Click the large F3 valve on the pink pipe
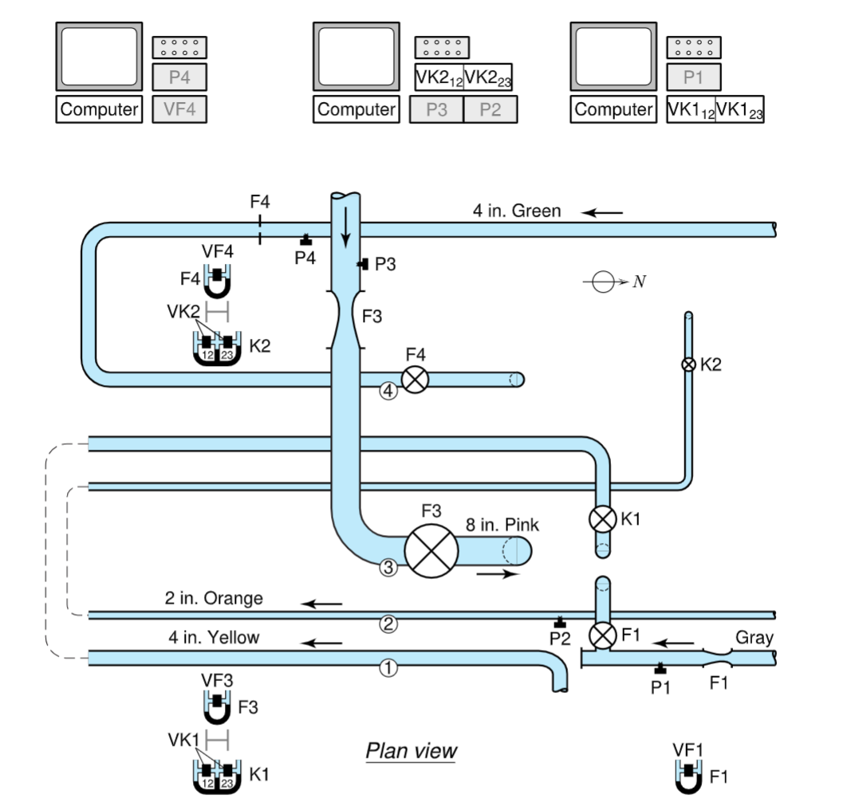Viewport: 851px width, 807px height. point(431,549)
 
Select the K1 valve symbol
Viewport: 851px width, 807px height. point(602,519)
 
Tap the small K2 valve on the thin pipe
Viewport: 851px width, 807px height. point(687,364)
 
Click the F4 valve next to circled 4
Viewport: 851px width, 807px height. point(414,379)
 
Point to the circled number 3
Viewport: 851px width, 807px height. point(388,568)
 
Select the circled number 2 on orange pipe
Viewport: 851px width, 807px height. point(388,624)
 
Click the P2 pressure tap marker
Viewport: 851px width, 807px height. point(560,622)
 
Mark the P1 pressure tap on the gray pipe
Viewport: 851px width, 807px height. point(660,668)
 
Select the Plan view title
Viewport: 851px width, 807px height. point(411,750)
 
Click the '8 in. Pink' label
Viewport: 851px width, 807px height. point(502,525)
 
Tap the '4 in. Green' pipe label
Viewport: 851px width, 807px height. point(516,211)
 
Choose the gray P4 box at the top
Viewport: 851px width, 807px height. point(179,77)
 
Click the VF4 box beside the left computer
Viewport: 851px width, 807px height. point(179,109)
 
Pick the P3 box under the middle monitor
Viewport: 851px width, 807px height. point(436,109)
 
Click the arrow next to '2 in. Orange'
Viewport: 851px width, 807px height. point(321,604)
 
